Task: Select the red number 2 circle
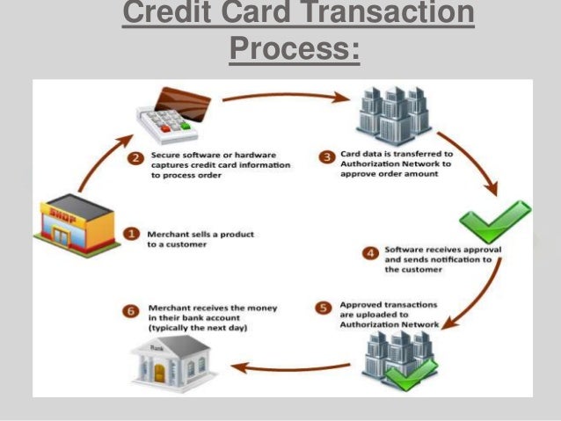click(135, 159)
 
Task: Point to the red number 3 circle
click(326, 157)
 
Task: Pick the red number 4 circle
click(370, 253)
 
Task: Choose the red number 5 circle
click(322, 308)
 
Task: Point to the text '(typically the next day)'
click(198, 327)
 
